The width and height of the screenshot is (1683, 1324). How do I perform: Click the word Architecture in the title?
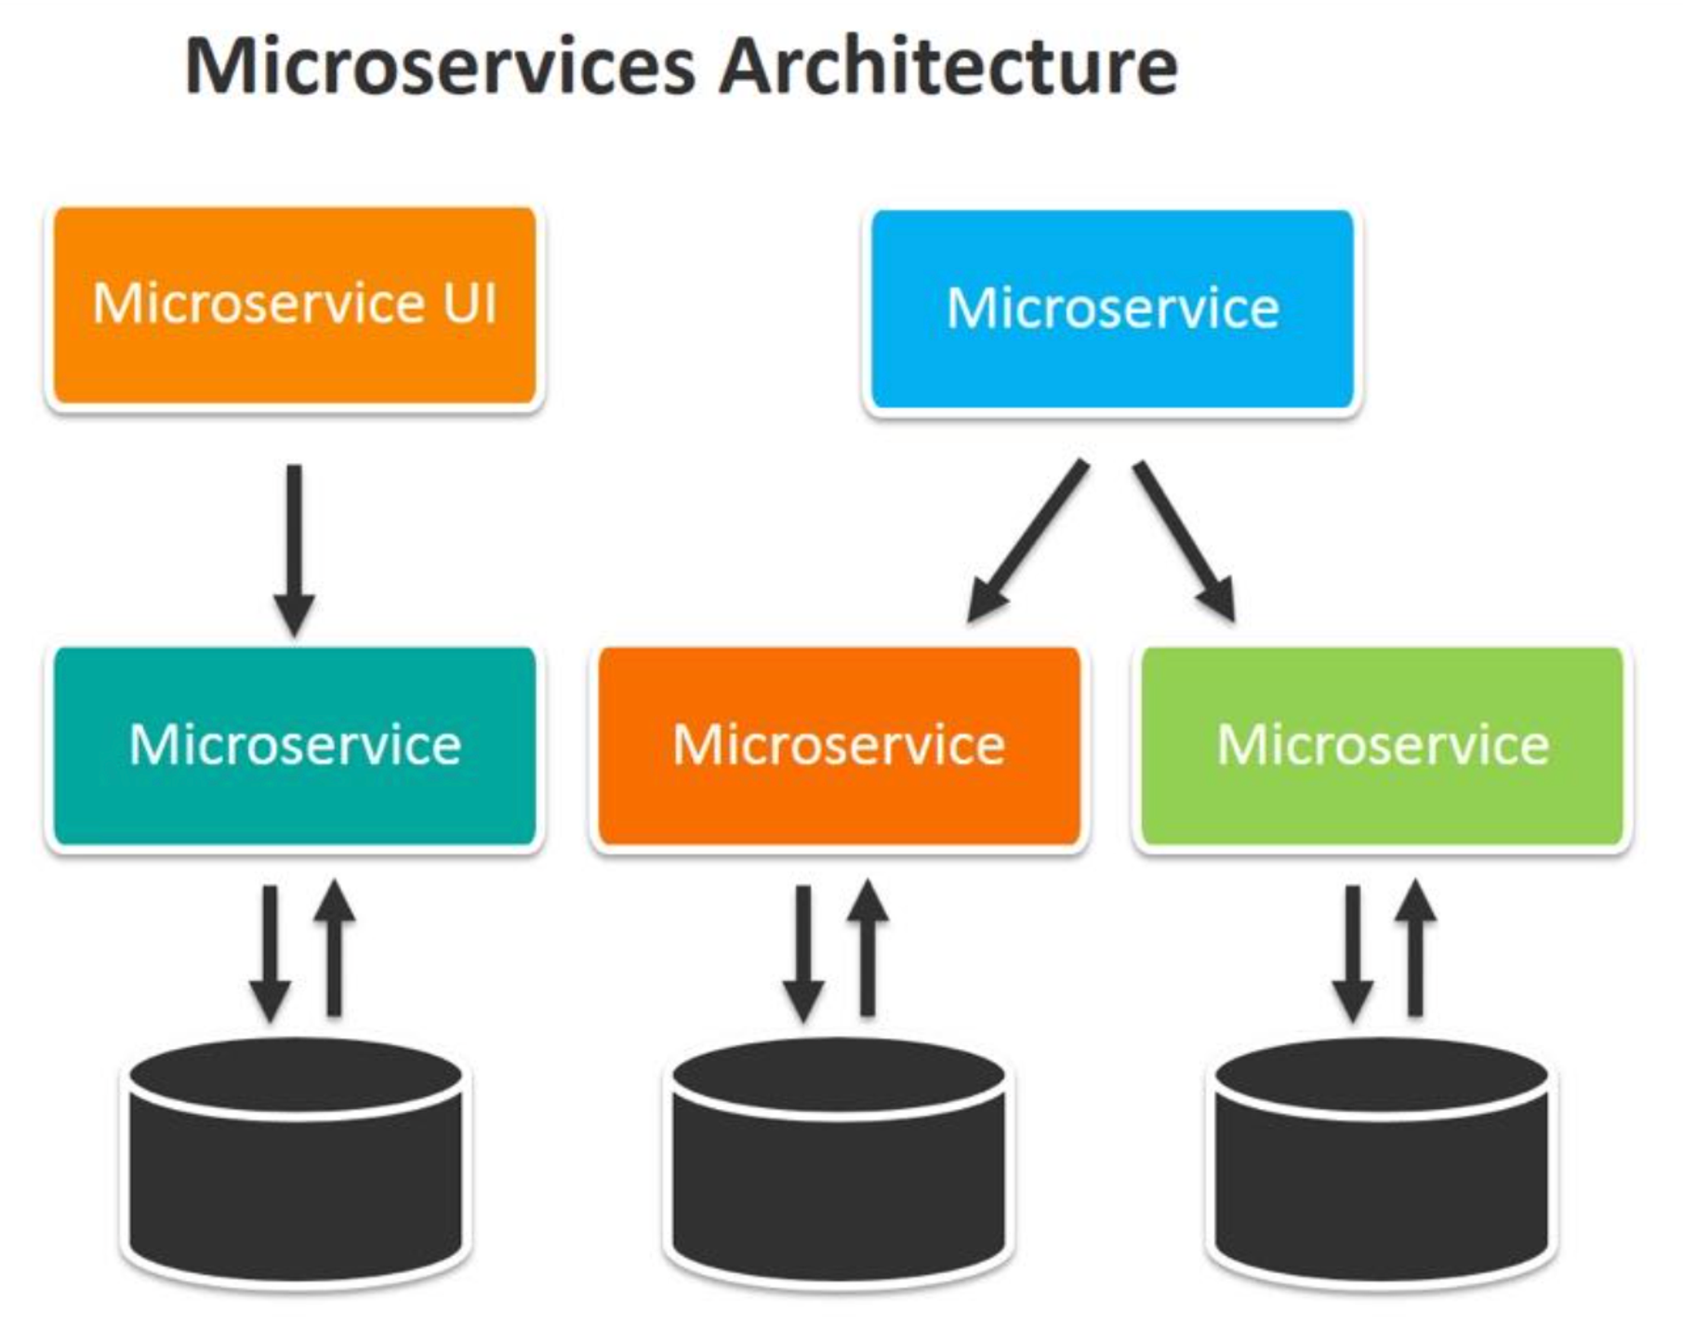tap(948, 67)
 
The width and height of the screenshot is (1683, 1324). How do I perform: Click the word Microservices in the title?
tap(441, 67)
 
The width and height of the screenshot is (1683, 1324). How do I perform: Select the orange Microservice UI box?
tap(294, 306)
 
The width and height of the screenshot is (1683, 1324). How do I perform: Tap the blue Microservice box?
tap(1112, 309)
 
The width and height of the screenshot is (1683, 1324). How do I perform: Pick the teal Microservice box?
tap(294, 746)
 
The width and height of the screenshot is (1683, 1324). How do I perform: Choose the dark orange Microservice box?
tap(839, 746)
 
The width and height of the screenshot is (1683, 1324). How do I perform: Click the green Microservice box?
tap(1383, 746)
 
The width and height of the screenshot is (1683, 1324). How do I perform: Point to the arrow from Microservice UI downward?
tap(294, 549)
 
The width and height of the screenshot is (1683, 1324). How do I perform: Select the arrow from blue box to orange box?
tap(1028, 539)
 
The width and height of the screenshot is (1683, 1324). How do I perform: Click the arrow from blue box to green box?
tap(1184, 539)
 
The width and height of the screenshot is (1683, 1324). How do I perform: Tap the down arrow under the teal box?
tap(270, 953)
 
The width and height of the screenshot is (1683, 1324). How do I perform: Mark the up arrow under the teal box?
tap(334, 948)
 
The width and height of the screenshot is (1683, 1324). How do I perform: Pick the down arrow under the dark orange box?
tap(803, 953)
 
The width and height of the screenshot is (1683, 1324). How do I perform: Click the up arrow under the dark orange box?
tap(868, 948)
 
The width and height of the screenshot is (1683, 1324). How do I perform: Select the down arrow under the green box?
tap(1353, 953)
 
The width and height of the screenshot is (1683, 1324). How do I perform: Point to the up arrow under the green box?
tap(1415, 948)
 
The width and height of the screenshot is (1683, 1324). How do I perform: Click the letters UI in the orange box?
tap(470, 303)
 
